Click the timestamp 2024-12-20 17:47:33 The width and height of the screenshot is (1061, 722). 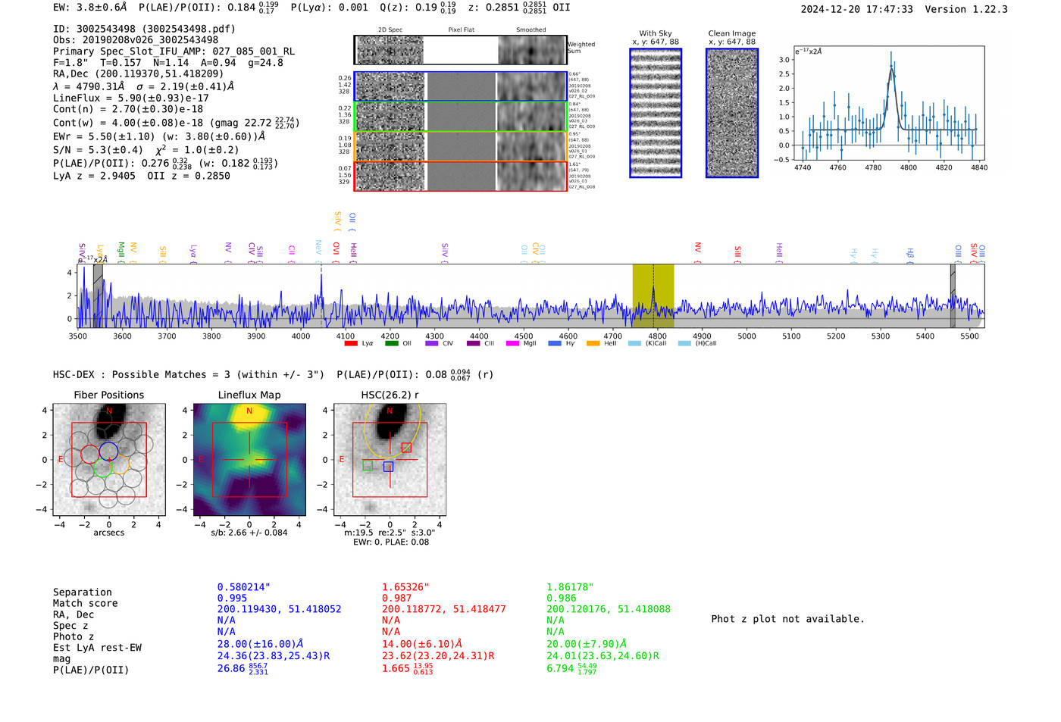(856, 10)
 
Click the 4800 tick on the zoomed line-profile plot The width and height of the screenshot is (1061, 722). (908, 167)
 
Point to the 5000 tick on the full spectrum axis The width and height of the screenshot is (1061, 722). (746, 336)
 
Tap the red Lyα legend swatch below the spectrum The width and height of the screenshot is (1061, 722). (351, 344)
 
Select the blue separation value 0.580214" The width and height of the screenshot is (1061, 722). (243, 587)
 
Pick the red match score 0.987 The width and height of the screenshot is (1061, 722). (396, 599)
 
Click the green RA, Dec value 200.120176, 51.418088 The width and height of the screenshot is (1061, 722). (607, 609)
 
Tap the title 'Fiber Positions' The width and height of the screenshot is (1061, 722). (108, 395)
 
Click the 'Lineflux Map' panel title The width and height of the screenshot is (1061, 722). (249, 395)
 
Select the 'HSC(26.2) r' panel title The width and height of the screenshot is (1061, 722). (390, 395)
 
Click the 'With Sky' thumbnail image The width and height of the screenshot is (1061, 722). (656, 113)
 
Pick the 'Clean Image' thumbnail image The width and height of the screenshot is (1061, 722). (731, 113)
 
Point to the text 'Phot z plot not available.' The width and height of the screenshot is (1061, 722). (787, 619)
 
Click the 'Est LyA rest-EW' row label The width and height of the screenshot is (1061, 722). (97, 648)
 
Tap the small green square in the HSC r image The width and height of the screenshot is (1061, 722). (368, 466)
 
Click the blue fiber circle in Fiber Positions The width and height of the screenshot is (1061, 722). (108, 451)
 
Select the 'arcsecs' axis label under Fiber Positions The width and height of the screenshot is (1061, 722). (108, 533)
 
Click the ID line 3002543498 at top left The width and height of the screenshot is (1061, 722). (144, 29)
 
